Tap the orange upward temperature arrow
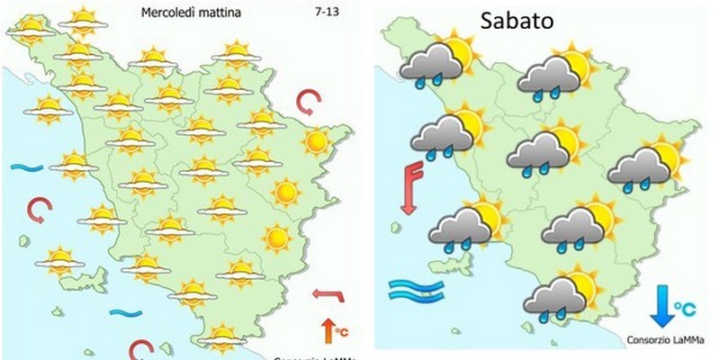(x=325, y=329)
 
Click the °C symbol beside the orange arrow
(x=341, y=333)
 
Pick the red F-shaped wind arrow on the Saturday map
(x=411, y=185)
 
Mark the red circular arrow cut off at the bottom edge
(x=140, y=349)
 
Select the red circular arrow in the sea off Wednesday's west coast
(x=39, y=211)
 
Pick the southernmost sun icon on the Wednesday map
(x=221, y=338)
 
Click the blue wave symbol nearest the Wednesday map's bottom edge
(x=125, y=312)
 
